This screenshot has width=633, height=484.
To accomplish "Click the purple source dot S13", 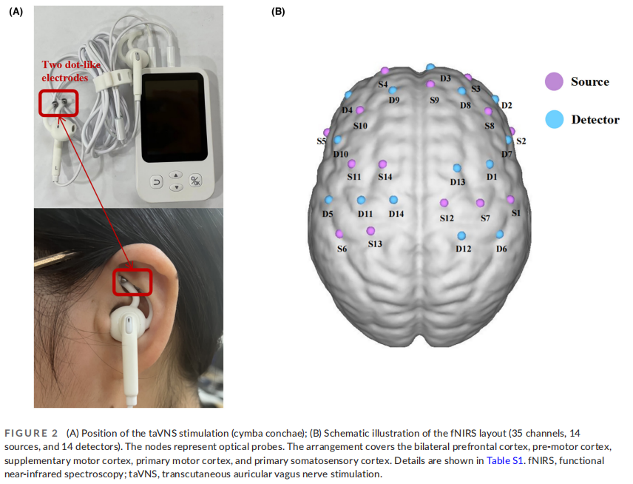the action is point(370,231).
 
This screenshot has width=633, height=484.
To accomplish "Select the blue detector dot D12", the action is point(461,235).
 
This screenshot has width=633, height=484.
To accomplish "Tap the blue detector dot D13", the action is point(457,168).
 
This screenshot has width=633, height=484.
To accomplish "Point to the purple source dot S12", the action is point(444,203).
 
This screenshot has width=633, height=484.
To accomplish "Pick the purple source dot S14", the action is point(382,164).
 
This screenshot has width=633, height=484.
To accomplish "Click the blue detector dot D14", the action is point(393,200).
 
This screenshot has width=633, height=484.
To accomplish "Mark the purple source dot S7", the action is point(480,203).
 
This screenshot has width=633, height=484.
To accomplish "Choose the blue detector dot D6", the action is point(500,235).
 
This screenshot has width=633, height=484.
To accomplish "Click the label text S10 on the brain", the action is point(360,127).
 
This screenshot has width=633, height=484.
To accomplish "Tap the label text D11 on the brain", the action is point(365,214).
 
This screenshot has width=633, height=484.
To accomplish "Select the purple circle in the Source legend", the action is point(552,82).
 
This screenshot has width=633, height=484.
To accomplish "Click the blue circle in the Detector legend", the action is point(552,118).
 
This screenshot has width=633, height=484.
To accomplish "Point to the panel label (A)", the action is point(16,11).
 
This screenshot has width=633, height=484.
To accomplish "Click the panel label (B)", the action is point(278,11).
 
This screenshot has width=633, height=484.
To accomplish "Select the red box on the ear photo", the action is point(132,280).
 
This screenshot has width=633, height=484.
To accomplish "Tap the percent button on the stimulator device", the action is point(195,180).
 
